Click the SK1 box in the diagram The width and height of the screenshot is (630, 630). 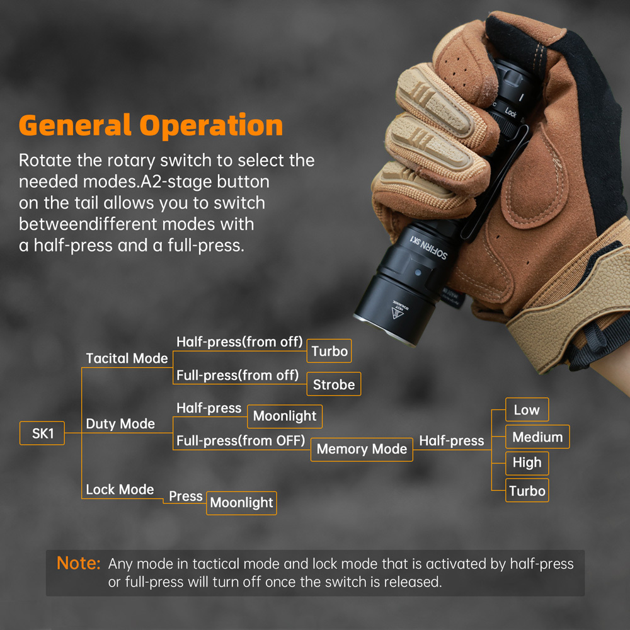tap(42, 433)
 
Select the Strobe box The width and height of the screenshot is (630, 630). tap(333, 384)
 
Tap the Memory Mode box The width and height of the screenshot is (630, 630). tap(362, 449)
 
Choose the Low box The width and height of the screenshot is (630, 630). tap(527, 409)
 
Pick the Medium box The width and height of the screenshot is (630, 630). tap(537, 437)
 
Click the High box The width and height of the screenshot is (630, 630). tap(527, 463)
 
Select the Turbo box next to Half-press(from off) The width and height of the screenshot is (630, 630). tap(329, 351)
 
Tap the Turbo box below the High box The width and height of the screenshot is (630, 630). tap(527, 490)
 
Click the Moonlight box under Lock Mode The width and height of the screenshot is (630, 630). tap(241, 503)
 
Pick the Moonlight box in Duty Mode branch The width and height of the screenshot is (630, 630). tap(285, 416)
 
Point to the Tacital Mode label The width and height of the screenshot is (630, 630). tap(127, 358)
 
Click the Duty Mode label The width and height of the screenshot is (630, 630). tap(120, 423)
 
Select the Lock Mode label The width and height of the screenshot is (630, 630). tap(120, 490)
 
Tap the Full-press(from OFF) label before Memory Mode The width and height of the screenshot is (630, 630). tap(241, 441)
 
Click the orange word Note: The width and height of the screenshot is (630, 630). tap(78, 563)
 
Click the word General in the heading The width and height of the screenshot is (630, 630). tap(75, 125)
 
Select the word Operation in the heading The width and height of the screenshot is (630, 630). tap(211, 126)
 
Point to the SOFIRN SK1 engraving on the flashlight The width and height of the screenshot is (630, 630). tap(428, 248)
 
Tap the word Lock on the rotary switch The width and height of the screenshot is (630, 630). tap(511, 113)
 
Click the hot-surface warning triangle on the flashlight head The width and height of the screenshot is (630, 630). tap(398, 312)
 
